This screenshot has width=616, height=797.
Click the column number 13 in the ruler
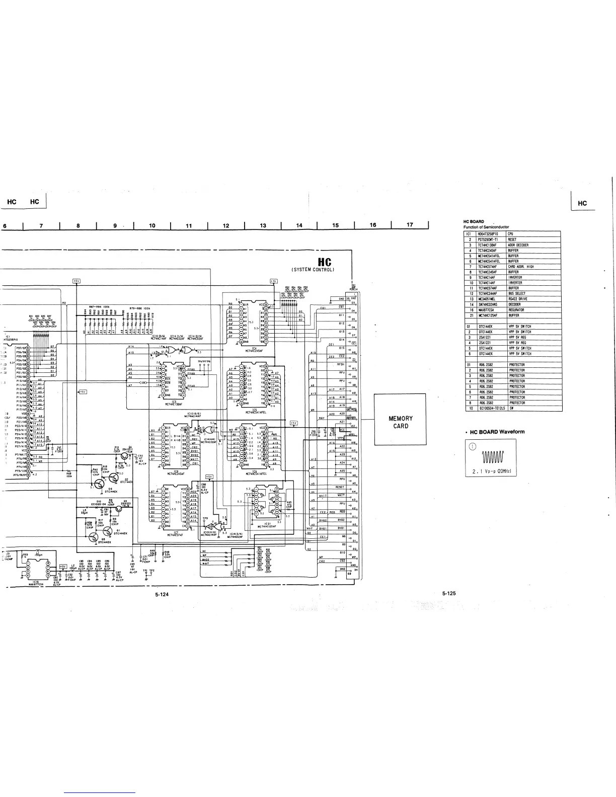[x=263, y=225]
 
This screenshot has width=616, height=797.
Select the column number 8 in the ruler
[x=78, y=225]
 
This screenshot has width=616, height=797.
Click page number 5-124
[x=162, y=594]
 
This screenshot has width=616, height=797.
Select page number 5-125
[x=449, y=593]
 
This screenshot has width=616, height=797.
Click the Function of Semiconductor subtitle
[x=486, y=227]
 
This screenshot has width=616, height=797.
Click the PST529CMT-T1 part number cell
[x=487, y=240]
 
